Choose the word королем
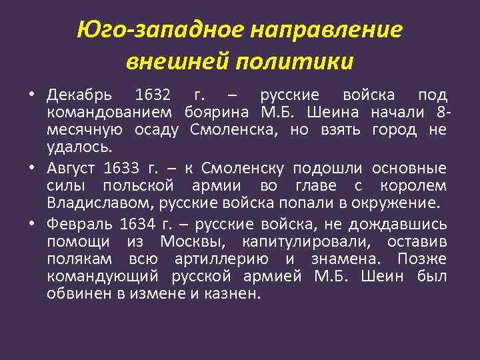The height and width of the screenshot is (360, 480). coord(418,184)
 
